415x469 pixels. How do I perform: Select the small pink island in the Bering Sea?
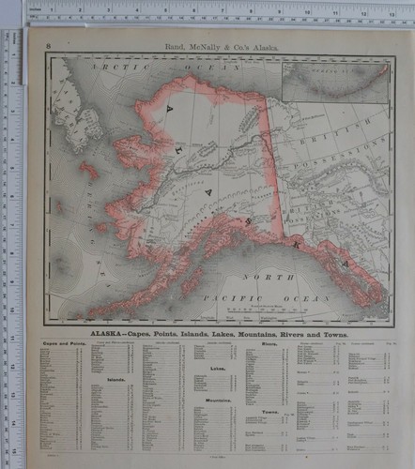(89, 171)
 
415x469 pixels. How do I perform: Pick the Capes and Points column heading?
(60, 345)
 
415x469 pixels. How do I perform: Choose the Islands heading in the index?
(116, 380)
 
